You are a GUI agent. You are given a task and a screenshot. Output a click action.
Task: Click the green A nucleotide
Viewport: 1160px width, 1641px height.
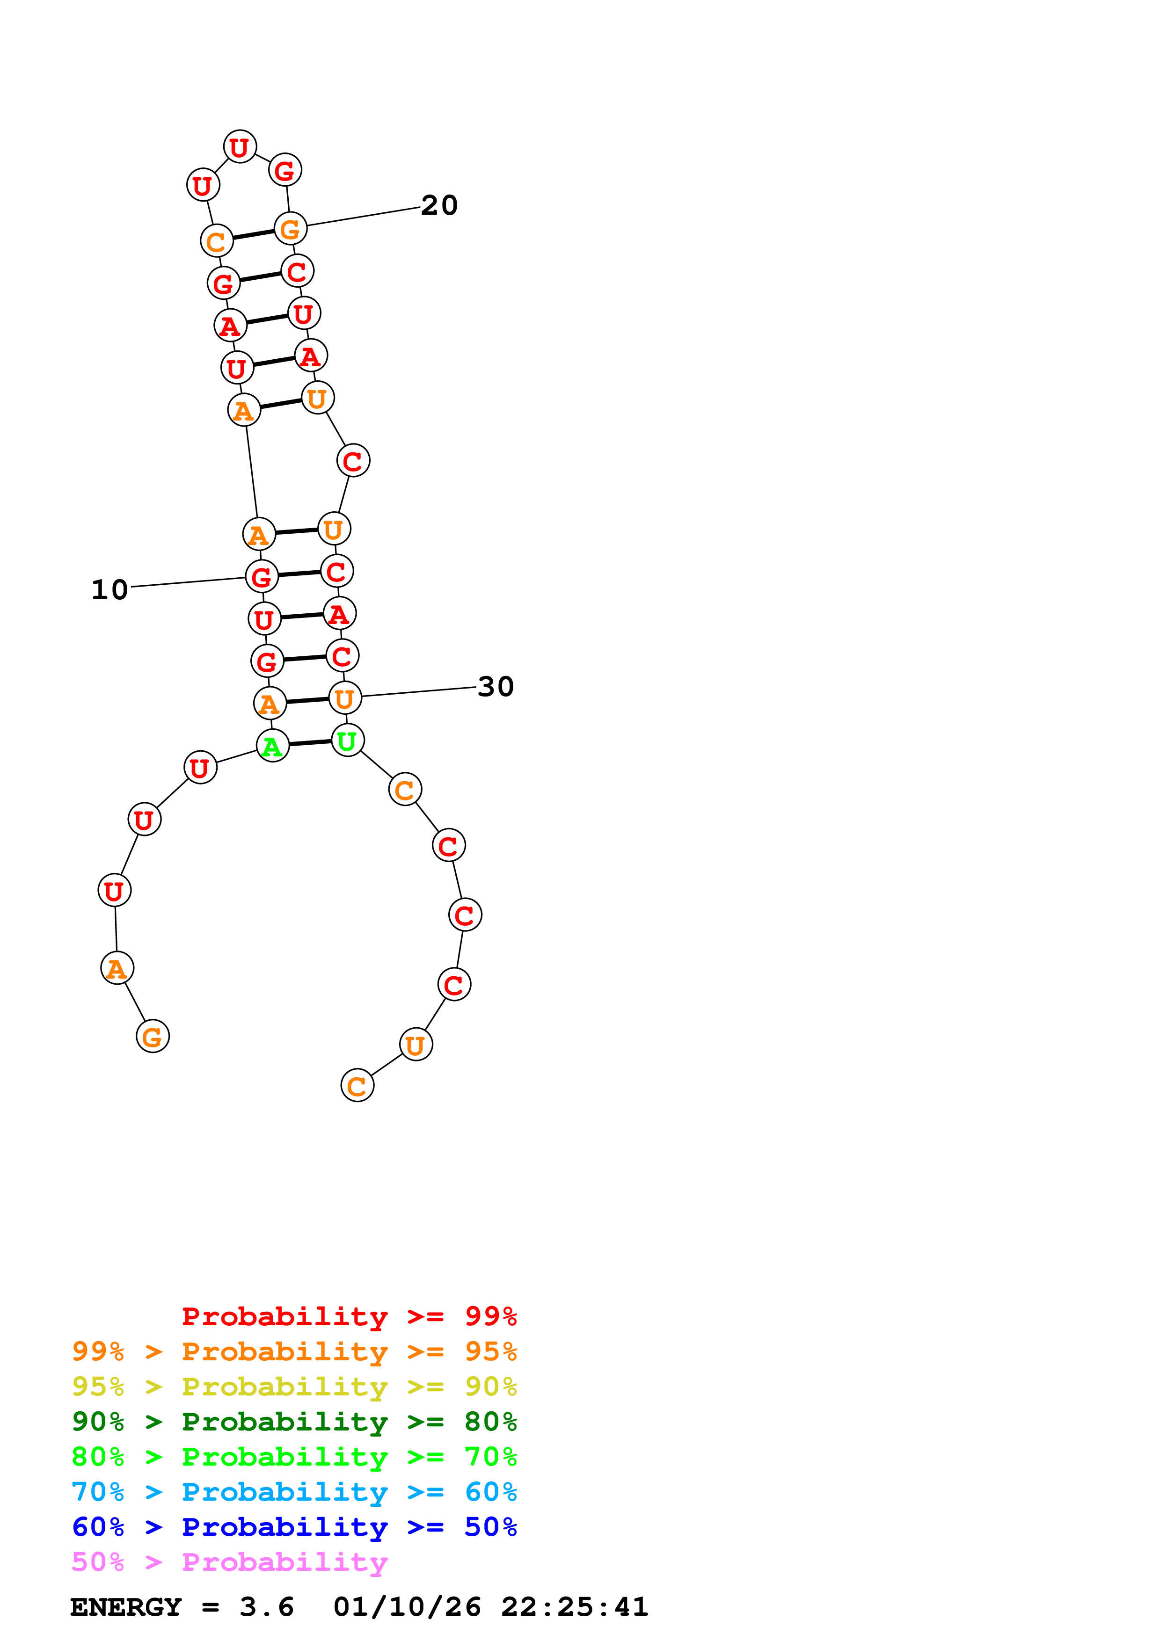[272, 746]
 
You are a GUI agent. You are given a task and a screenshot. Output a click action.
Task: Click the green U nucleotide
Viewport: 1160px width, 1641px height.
[347, 741]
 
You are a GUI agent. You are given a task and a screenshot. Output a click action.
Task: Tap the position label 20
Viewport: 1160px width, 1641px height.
[439, 205]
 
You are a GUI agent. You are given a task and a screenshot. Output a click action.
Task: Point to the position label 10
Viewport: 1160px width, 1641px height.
[109, 589]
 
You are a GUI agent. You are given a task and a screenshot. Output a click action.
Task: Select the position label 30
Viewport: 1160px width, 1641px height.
[496, 687]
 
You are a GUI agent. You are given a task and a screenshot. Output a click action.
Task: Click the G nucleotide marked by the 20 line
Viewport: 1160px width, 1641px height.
[290, 229]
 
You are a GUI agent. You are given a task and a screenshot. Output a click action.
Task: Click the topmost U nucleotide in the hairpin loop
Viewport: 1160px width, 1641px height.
[240, 146]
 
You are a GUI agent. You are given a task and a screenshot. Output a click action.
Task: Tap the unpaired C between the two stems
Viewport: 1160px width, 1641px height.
[353, 460]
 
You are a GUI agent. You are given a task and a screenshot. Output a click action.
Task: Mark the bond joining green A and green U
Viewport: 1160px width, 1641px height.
[310, 743]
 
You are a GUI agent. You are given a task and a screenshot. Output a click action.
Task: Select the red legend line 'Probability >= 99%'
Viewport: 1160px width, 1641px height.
[349, 1316]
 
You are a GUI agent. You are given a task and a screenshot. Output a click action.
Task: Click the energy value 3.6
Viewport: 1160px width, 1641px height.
[267, 1607]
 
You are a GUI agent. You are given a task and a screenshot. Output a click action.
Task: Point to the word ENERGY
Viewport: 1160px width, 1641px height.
[126, 1607]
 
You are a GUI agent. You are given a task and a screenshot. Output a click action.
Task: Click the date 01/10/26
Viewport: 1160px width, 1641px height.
[407, 1607]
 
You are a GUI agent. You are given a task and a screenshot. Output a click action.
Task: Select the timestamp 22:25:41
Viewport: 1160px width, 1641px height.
[574, 1607]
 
